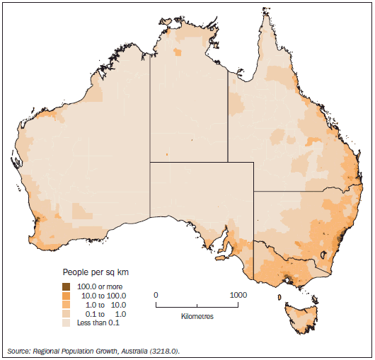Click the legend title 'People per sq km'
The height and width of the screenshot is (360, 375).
(96, 272)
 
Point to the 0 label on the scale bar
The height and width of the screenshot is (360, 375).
(156, 294)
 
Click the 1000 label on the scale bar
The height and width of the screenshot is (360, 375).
(238, 294)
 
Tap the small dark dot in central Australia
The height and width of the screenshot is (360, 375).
(168, 154)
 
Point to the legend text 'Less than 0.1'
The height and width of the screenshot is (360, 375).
(100, 323)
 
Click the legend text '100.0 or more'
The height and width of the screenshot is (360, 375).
(100, 286)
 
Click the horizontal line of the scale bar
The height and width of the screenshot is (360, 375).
(197, 306)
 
